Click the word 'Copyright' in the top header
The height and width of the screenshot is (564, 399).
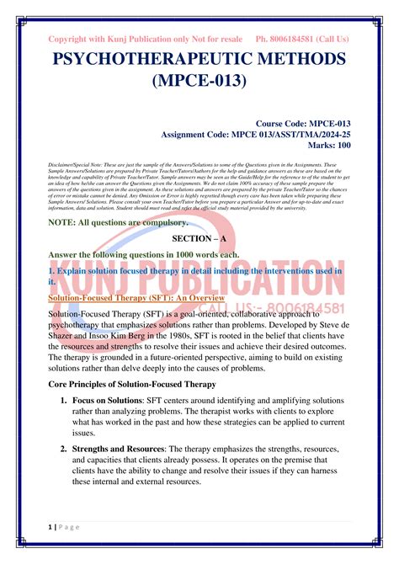click(x=74, y=40)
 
